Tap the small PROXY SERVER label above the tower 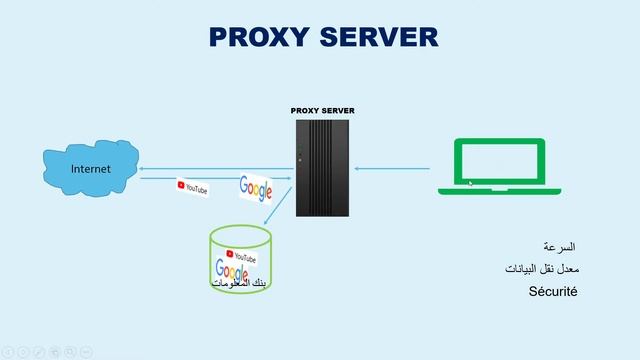322,111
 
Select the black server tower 323,166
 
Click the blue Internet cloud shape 90,170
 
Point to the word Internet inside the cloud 90,169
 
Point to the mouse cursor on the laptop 471,183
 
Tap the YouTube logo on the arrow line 193,187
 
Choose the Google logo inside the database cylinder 231,269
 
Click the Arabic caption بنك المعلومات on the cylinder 240,283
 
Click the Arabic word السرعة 559,246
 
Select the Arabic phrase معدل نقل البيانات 550,269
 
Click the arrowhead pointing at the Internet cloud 142,168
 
